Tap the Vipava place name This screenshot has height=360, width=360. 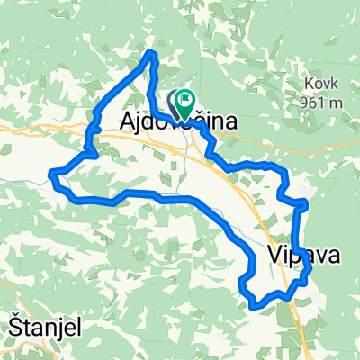tap(303, 256)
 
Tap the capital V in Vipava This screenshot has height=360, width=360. tap(274, 256)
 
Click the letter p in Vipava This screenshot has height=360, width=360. tap(297, 257)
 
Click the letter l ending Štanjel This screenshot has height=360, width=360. tap(76, 327)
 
